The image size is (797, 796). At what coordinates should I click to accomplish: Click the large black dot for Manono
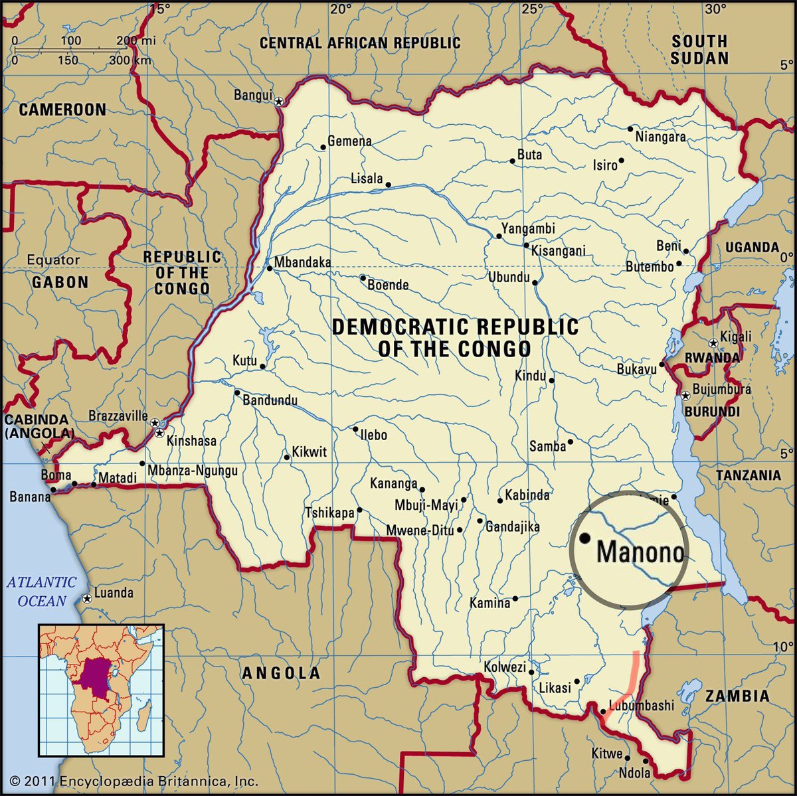[x=585, y=538]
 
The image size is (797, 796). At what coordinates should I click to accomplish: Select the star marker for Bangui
[x=279, y=101]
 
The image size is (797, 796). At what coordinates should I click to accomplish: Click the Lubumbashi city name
[x=641, y=706]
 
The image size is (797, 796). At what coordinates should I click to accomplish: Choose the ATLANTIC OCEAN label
[x=42, y=592]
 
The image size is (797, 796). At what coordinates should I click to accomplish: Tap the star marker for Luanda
[x=87, y=599]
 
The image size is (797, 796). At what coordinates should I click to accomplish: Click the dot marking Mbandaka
[x=270, y=268]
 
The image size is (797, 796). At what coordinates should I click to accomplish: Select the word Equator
[x=53, y=260]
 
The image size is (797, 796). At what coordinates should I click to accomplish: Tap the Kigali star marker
[x=713, y=343]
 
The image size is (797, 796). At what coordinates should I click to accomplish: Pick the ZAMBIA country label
[x=737, y=696]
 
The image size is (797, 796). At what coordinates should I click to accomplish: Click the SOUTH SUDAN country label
[x=699, y=50]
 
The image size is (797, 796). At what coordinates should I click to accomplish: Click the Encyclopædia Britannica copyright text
[x=133, y=781]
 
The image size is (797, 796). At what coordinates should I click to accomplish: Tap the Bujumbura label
[x=721, y=389]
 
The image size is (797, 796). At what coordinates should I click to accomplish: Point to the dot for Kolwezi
[x=531, y=671]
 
